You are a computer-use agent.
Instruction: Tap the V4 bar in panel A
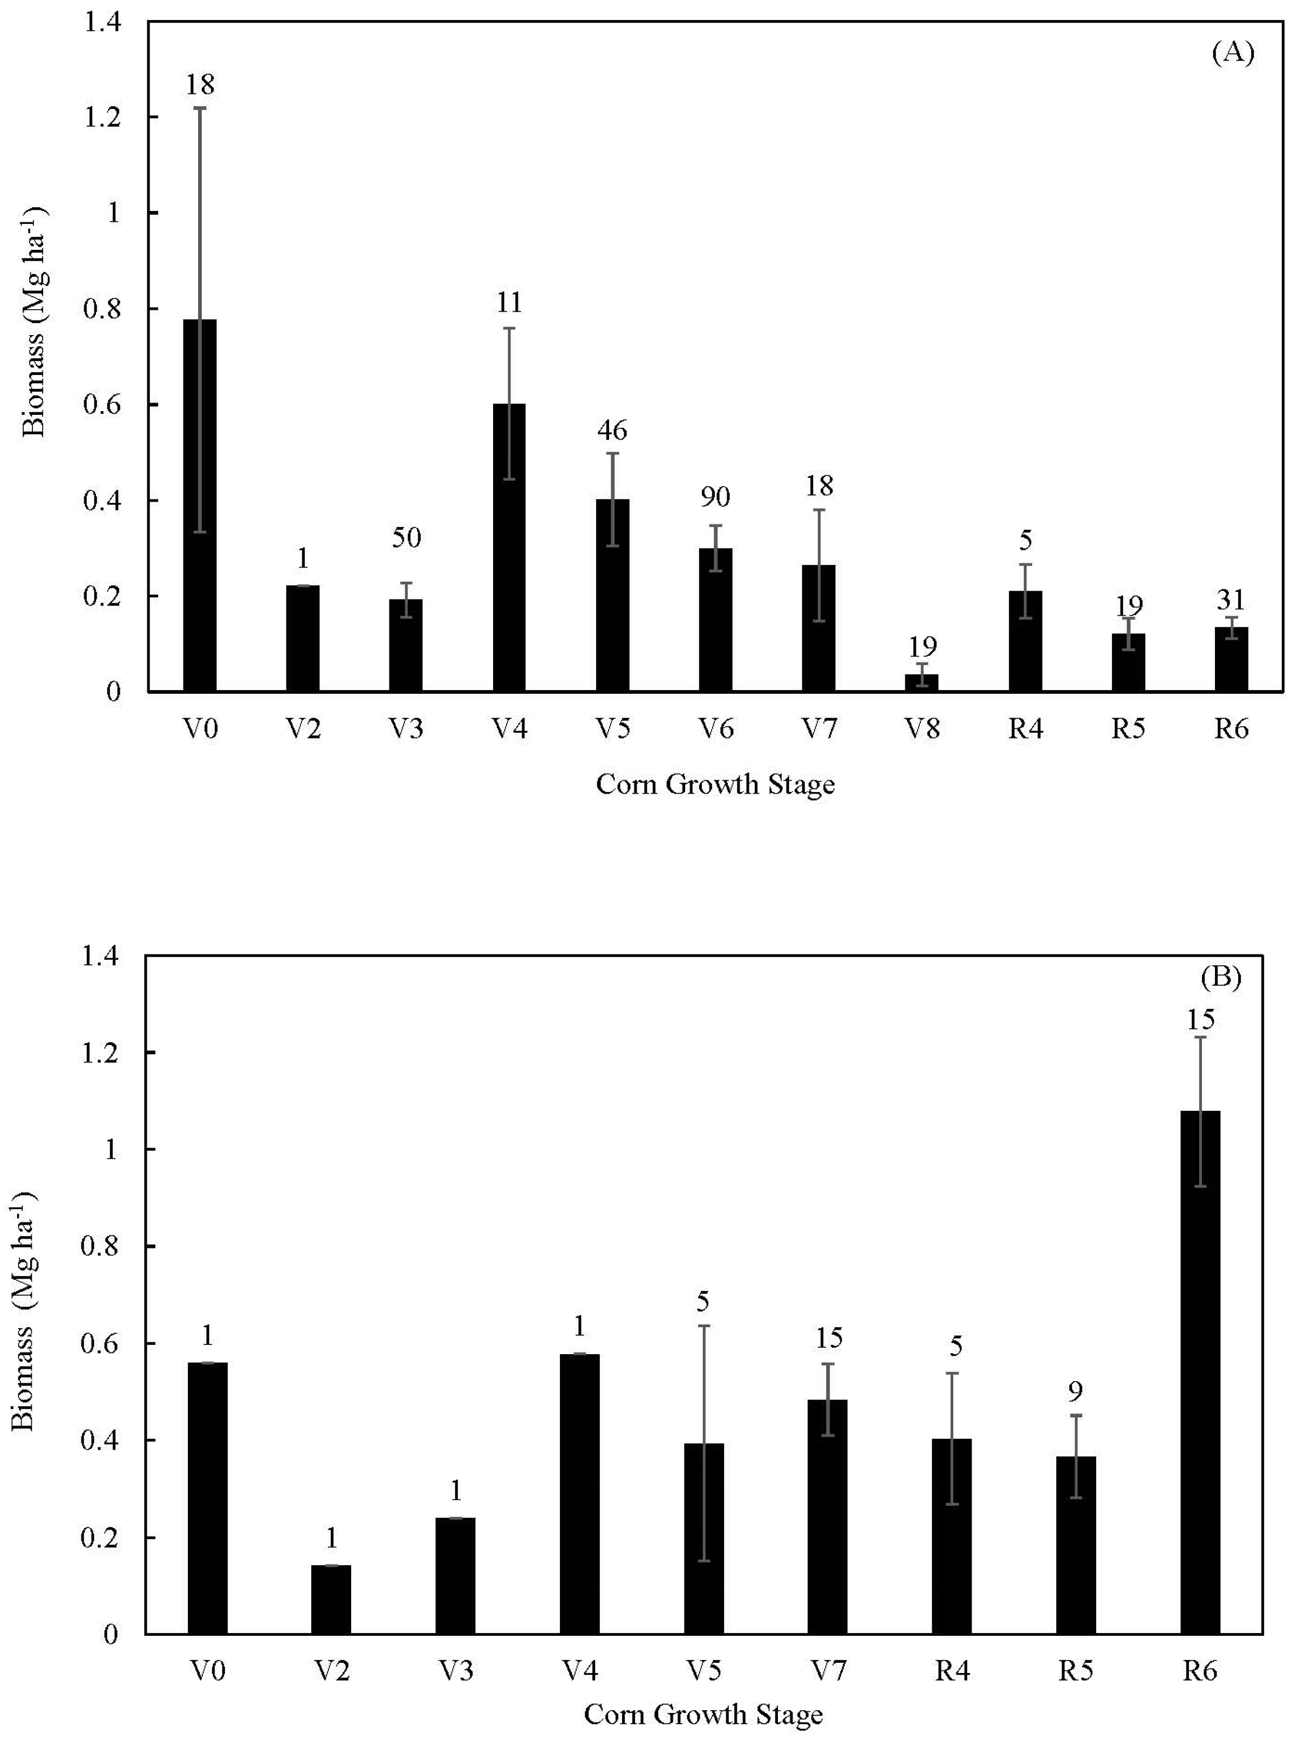(509, 548)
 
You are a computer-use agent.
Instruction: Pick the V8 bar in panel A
(921, 682)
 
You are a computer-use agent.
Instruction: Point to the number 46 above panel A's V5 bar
(612, 430)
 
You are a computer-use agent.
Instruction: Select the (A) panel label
(1232, 53)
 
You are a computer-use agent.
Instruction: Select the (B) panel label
(1220, 978)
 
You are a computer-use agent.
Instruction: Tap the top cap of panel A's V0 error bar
(200, 108)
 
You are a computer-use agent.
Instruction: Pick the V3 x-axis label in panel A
(406, 729)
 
